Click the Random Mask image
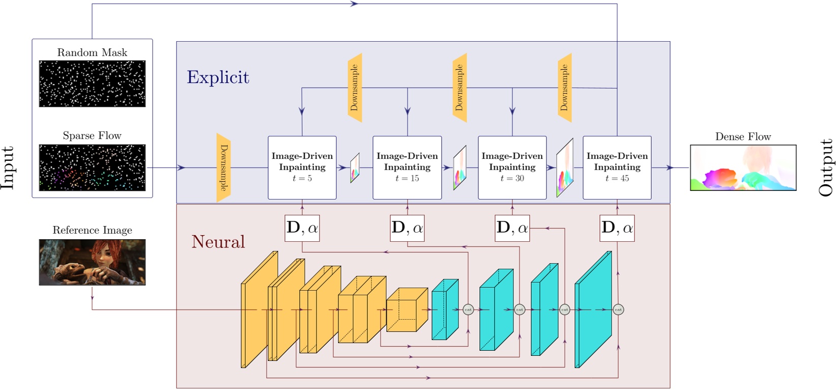click(92, 83)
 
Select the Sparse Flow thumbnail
click(92, 168)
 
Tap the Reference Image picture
click(92, 262)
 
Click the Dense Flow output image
click(743, 168)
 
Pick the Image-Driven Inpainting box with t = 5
click(302, 168)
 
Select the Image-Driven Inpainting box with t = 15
click(407, 168)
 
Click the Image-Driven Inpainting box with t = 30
click(512, 168)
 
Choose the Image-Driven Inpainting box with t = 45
click(617, 168)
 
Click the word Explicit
click(218, 77)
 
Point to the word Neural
click(218, 242)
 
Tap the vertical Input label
click(8, 168)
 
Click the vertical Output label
click(826, 168)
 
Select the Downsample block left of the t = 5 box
click(223, 168)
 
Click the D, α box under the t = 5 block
click(302, 228)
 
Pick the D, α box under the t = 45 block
click(617, 228)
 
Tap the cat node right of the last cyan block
click(618, 310)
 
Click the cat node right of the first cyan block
click(468, 310)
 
